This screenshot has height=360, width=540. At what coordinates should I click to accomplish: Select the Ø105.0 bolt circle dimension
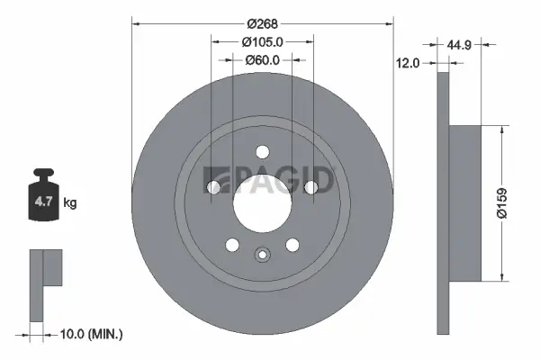(x=263, y=41)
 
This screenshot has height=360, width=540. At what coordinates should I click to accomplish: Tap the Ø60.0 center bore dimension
(x=263, y=60)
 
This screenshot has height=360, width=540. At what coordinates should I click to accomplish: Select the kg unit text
(x=70, y=203)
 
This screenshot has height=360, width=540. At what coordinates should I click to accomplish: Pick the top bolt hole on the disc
(x=262, y=152)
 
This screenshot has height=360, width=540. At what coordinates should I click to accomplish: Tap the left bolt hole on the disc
(x=213, y=187)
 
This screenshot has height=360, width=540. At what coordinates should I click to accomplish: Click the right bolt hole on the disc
(x=310, y=187)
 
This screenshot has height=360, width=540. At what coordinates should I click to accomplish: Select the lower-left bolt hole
(x=232, y=244)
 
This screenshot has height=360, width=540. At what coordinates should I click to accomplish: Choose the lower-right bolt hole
(x=292, y=244)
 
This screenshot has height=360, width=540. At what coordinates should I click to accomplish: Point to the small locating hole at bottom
(x=262, y=254)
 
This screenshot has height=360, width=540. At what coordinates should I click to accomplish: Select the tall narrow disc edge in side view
(x=442, y=202)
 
